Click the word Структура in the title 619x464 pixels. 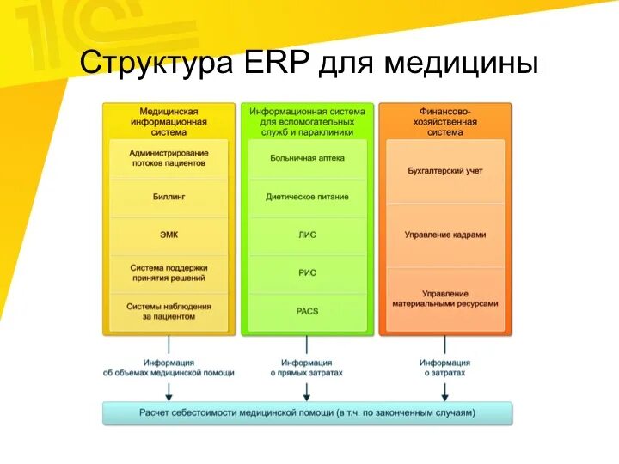pyautogui.click(x=156, y=64)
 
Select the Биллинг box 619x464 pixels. pyautogui.click(x=169, y=197)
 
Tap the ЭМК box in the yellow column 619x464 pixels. pyautogui.click(x=169, y=234)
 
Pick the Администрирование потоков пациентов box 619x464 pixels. pyautogui.click(x=169, y=157)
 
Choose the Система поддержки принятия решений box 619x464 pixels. pyautogui.click(x=169, y=272)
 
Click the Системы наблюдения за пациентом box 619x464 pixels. pyautogui.click(x=169, y=311)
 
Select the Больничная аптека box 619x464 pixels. pyautogui.click(x=307, y=158)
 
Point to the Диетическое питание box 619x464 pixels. pyautogui.click(x=307, y=197)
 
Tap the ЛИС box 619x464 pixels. pyautogui.click(x=307, y=235)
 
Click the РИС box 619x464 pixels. pyautogui.click(x=307, y=272)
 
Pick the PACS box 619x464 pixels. pyautogui.click(x=307, y=310)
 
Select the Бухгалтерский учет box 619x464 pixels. pyautogui.click(x=445, y=171)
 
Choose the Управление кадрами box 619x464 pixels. pyautogui.click(x=445, y=235)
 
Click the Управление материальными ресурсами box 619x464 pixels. pyautogui.click(x=445, y=298)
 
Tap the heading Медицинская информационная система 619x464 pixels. pyautogui.click(x=169, y=121)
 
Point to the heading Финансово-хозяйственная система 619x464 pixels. pyautogui.click(x=445, y=121)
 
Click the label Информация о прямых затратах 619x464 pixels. pyautogui.click(x=307, y=368)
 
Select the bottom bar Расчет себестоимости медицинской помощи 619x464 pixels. pyautogui.click(x=307, y=413)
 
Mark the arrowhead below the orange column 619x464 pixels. pyautogui.click(x=444, y=396)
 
